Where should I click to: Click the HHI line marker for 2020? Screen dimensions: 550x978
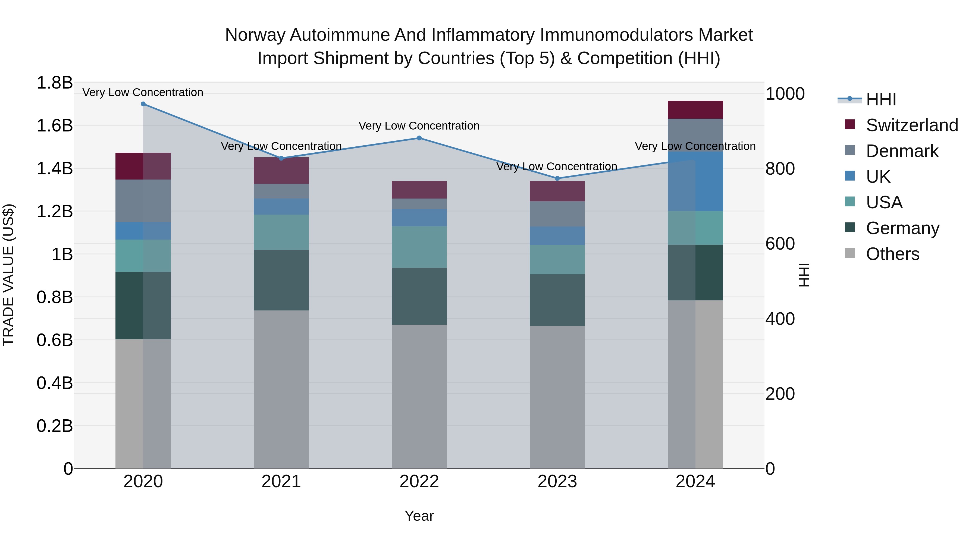[143, 104]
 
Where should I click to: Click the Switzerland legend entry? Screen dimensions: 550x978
[911, 125]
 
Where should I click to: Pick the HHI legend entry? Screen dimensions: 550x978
[881, 99]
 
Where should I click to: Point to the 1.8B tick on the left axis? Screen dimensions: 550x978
[54, 83]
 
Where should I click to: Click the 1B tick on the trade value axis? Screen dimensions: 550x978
[62, 254]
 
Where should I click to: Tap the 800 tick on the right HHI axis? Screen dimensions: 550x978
[780, 168]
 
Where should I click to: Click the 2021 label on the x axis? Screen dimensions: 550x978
[281, 482]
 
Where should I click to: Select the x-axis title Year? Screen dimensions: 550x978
[419, 516]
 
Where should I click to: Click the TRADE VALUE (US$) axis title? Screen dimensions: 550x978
[8, 275]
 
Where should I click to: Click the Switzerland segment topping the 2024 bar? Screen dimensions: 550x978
[695, 110]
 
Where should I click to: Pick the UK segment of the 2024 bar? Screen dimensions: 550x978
[695, 181]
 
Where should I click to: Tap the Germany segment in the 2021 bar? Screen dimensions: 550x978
[281, 280]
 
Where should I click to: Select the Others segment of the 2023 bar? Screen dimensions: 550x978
[557, 397]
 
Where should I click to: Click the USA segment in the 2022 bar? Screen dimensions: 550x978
[419, 247]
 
